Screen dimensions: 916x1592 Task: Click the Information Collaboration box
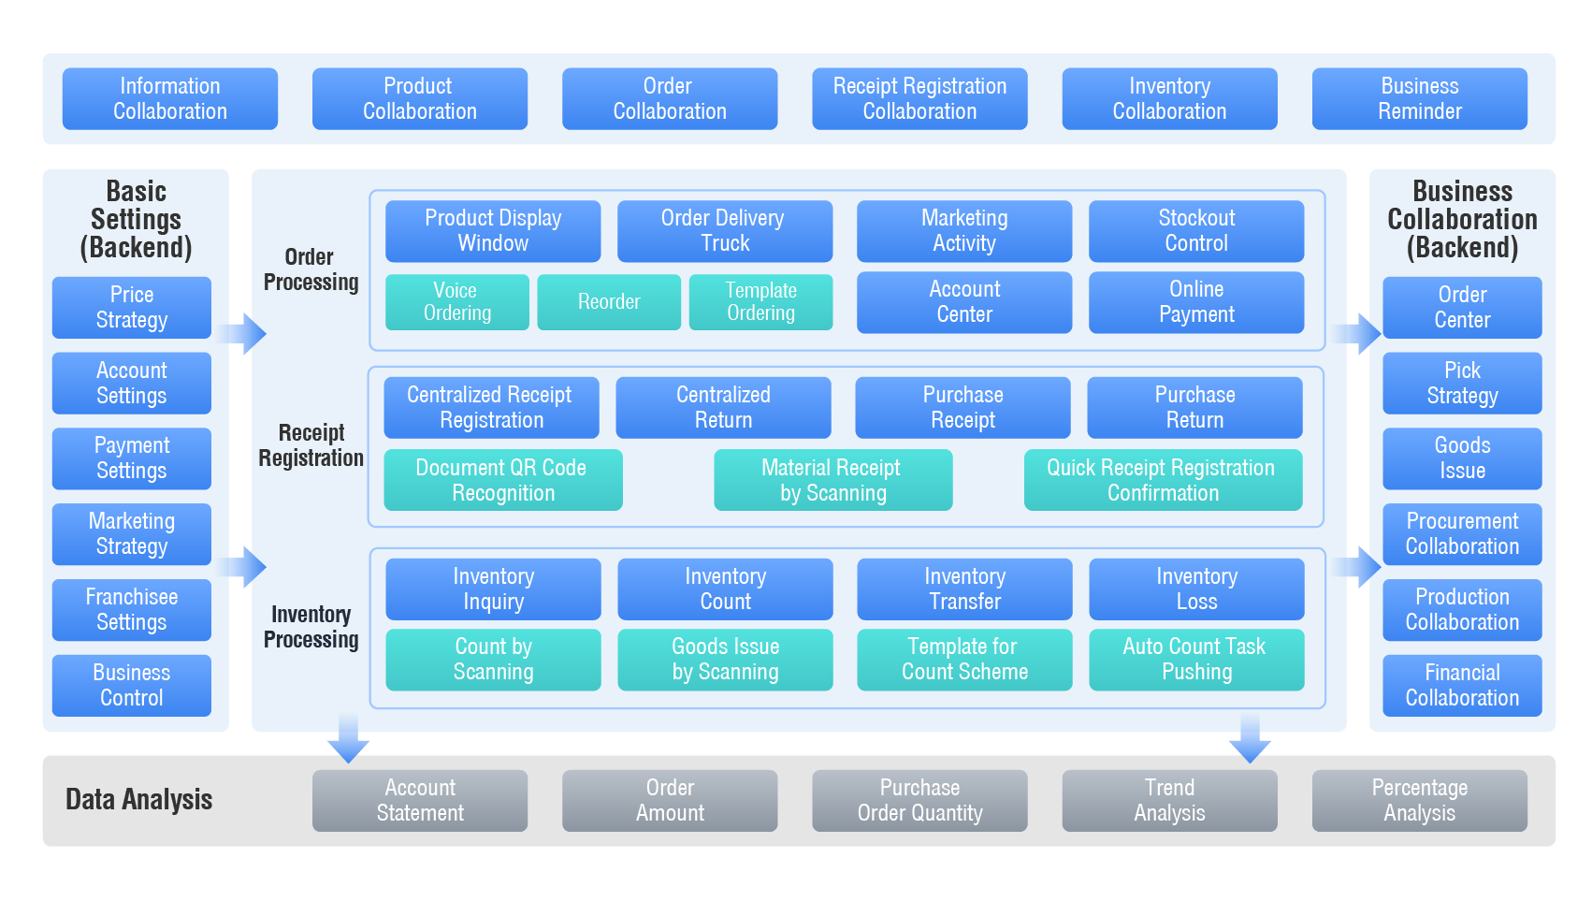pyautogui.click(x=170, y=98)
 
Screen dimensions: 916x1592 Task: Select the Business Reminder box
pyautogui.click(x=1419, y=98)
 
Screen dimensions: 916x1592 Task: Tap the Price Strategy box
pyautogui.click(x=132, y=307)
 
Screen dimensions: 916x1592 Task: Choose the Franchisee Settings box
pyautogui.click(x=132, y=609)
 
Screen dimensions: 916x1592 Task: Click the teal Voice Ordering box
pyautogui.click(x=456, y=301)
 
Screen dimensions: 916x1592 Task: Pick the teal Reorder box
pyautogui.click(x=609, y=301)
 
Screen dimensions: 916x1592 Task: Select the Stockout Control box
pyautogui.click(x=1196, y=230)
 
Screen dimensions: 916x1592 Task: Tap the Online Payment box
pyautogui.click(x=1196, y=301)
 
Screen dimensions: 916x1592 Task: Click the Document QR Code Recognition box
pyautogui.click(x=502, y=480)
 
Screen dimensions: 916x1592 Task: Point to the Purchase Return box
pyautogui.click(x=1194, y=407)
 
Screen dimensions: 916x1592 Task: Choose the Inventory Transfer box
pyautogui.click(x=964, y=589)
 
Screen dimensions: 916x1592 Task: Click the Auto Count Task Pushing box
pyautogui.click(x=1196, y=659)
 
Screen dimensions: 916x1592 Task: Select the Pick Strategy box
pyautogui.click(x=1462, y=383)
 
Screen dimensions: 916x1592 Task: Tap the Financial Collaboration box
pyautogui.click(x=1462, y=685)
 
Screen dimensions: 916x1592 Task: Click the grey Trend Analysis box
pyautogui.click(x=1169, y=800)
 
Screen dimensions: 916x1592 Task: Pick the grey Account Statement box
pyautogui.click(x=420, y=800)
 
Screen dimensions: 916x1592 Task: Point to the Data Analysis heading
pyautogui.click(x=139, y=800)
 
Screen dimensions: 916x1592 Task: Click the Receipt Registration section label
pyautogui.click(x=311, y=445)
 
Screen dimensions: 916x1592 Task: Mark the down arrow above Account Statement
pyautogui.click(x=348, y=741)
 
